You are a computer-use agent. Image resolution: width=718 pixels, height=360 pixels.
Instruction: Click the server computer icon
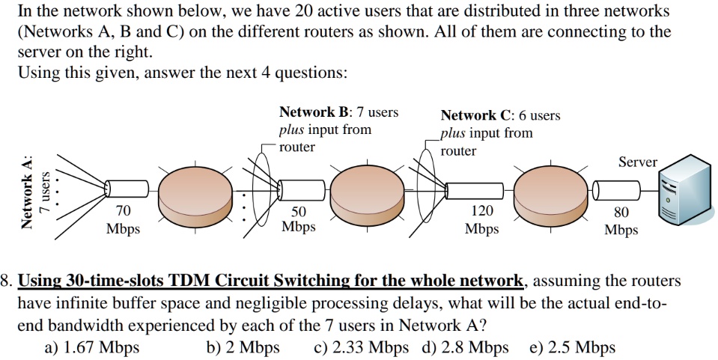(x=683, y=192)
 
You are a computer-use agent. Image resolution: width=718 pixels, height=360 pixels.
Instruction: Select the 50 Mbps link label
(x=298, y=219)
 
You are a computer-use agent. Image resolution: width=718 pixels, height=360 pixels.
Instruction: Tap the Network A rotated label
(x=28, y=192)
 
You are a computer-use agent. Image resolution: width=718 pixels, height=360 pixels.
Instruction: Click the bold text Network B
(x=314, y=112)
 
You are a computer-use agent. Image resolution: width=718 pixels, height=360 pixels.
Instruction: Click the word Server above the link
(x=637, y=162)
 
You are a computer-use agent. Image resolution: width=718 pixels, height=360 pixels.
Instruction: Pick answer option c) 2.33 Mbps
(x=362, y=347)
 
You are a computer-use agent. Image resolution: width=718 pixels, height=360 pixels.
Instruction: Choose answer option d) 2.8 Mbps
(x=465, y=347)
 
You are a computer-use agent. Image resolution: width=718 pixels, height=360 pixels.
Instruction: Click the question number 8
(x=7, y=281)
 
